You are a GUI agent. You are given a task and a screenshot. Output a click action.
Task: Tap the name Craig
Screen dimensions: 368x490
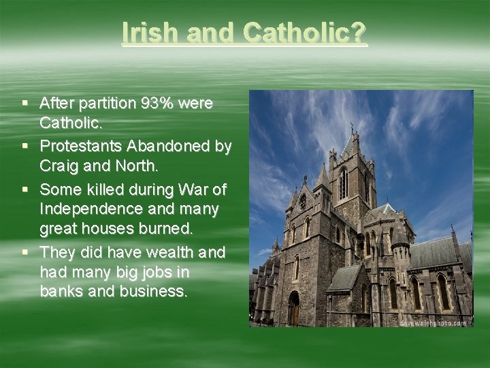point(59,166)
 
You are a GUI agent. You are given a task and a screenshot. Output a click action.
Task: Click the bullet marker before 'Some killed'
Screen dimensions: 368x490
point(25,188)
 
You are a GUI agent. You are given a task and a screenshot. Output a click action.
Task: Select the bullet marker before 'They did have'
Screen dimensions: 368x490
point(25,251)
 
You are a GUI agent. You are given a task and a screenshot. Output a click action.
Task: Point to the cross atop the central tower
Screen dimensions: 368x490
point(351,127)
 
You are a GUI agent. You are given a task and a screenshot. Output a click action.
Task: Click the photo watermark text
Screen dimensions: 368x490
point(433,322)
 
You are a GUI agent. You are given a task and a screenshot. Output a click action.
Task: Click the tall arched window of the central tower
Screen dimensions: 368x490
point(343,183)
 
